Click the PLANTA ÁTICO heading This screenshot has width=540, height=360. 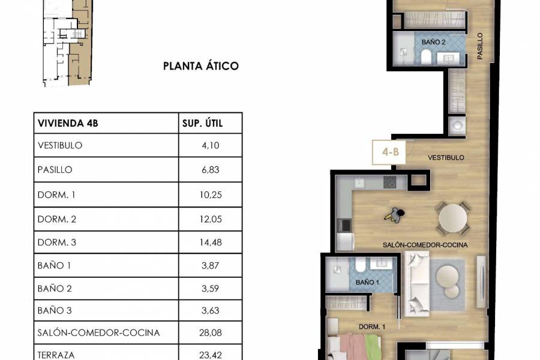(x=201, y=66)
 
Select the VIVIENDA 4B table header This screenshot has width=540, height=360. (x=68, y=124)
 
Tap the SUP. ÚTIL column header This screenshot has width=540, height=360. (x=202, y=124)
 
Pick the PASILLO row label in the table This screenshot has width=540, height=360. (x=55, y=170)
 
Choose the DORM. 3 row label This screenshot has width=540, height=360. (x=57, y=242)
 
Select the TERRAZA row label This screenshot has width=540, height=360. (x=56, y=355)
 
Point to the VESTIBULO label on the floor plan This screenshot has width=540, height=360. (x=446, y=157)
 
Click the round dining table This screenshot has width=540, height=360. (x=454, y=219)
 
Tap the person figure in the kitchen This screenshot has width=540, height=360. (x=395, y=214)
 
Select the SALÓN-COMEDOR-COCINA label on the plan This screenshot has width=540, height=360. (x=425, y=245)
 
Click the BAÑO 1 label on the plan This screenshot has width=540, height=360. (x=367, y=282)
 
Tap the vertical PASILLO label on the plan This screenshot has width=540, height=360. (x=481, y=46)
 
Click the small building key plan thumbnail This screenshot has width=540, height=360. (x=67, y=42)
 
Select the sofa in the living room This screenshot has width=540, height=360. (x=415, y=283)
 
